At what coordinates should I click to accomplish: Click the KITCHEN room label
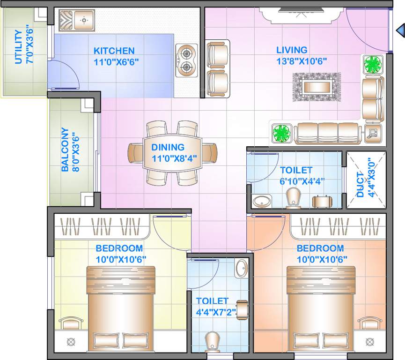coord(114,51)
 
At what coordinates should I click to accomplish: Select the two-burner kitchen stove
coord(187,60)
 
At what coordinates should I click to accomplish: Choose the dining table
coord(172,153)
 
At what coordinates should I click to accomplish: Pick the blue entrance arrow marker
coord(400,31)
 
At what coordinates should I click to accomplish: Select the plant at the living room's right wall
coord(373,64)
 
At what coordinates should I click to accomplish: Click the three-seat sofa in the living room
coord(328,133)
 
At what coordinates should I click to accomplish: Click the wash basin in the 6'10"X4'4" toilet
coord(260,202)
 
